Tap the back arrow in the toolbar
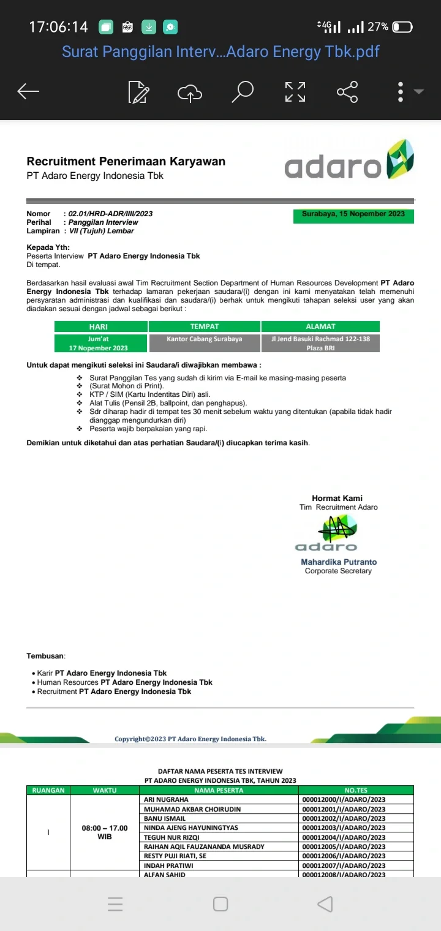28,92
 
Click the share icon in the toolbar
347,92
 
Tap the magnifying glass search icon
243,92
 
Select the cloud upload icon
190,92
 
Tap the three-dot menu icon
401,92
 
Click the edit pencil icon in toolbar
138,92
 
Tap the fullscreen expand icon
295,92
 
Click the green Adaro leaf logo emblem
398,159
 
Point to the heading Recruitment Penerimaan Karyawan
126,162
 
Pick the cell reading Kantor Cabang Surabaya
205,339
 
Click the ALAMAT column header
320,326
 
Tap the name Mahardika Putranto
339,562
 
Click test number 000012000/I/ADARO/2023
344,800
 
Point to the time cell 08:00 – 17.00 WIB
105,832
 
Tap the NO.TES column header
356,790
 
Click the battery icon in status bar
402,27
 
